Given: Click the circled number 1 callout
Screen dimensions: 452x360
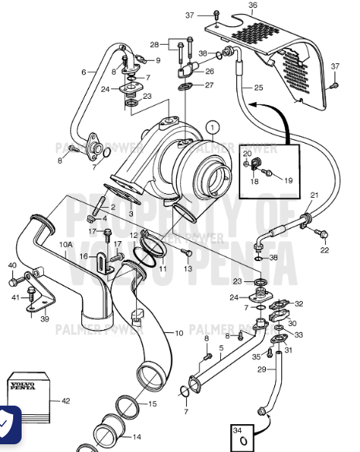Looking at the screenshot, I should (213, 127).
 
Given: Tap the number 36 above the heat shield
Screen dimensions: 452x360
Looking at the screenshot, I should (252, 6).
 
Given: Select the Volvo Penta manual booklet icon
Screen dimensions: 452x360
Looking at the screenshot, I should (28, 396).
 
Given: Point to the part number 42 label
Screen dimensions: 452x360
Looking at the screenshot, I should (66, 400).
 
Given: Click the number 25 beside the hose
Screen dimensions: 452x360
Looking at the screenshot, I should (258, 87).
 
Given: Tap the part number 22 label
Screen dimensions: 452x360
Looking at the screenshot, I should (324, 250).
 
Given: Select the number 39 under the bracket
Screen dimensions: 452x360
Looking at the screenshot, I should (44, 318).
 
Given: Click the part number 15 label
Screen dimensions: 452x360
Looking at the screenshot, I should (152, 403).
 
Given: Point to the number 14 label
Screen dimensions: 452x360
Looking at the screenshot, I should (137, 437).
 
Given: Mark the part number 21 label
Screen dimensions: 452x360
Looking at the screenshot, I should (314, 195).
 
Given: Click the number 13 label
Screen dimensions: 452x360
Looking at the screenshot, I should (188, 269).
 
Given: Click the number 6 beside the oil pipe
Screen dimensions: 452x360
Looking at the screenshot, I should (83, 72).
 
